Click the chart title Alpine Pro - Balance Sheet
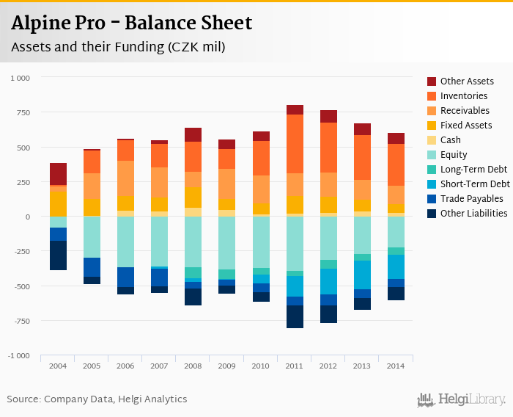(x=131, y=23)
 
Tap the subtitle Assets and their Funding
(x=117, y=47)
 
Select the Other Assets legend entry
(x=467, y=81)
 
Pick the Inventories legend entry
(x=464, y=96)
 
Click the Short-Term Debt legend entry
(x=475, y=184)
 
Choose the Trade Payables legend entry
(x=471, y=199)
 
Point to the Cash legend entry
(x=451, y=140)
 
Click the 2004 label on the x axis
(x=58, y=366)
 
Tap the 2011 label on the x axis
(x=295, y=366)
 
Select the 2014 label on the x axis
(x=396, y=366)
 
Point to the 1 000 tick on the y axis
(x=21, y=78)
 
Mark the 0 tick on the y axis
(x=28, y=217)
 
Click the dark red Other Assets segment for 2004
(x=58, y=174)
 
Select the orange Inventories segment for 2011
(x=295, y=144)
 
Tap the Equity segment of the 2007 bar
(x=160, y=242)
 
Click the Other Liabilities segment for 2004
(x=58, y=255)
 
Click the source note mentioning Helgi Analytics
(x=97, y=399)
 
